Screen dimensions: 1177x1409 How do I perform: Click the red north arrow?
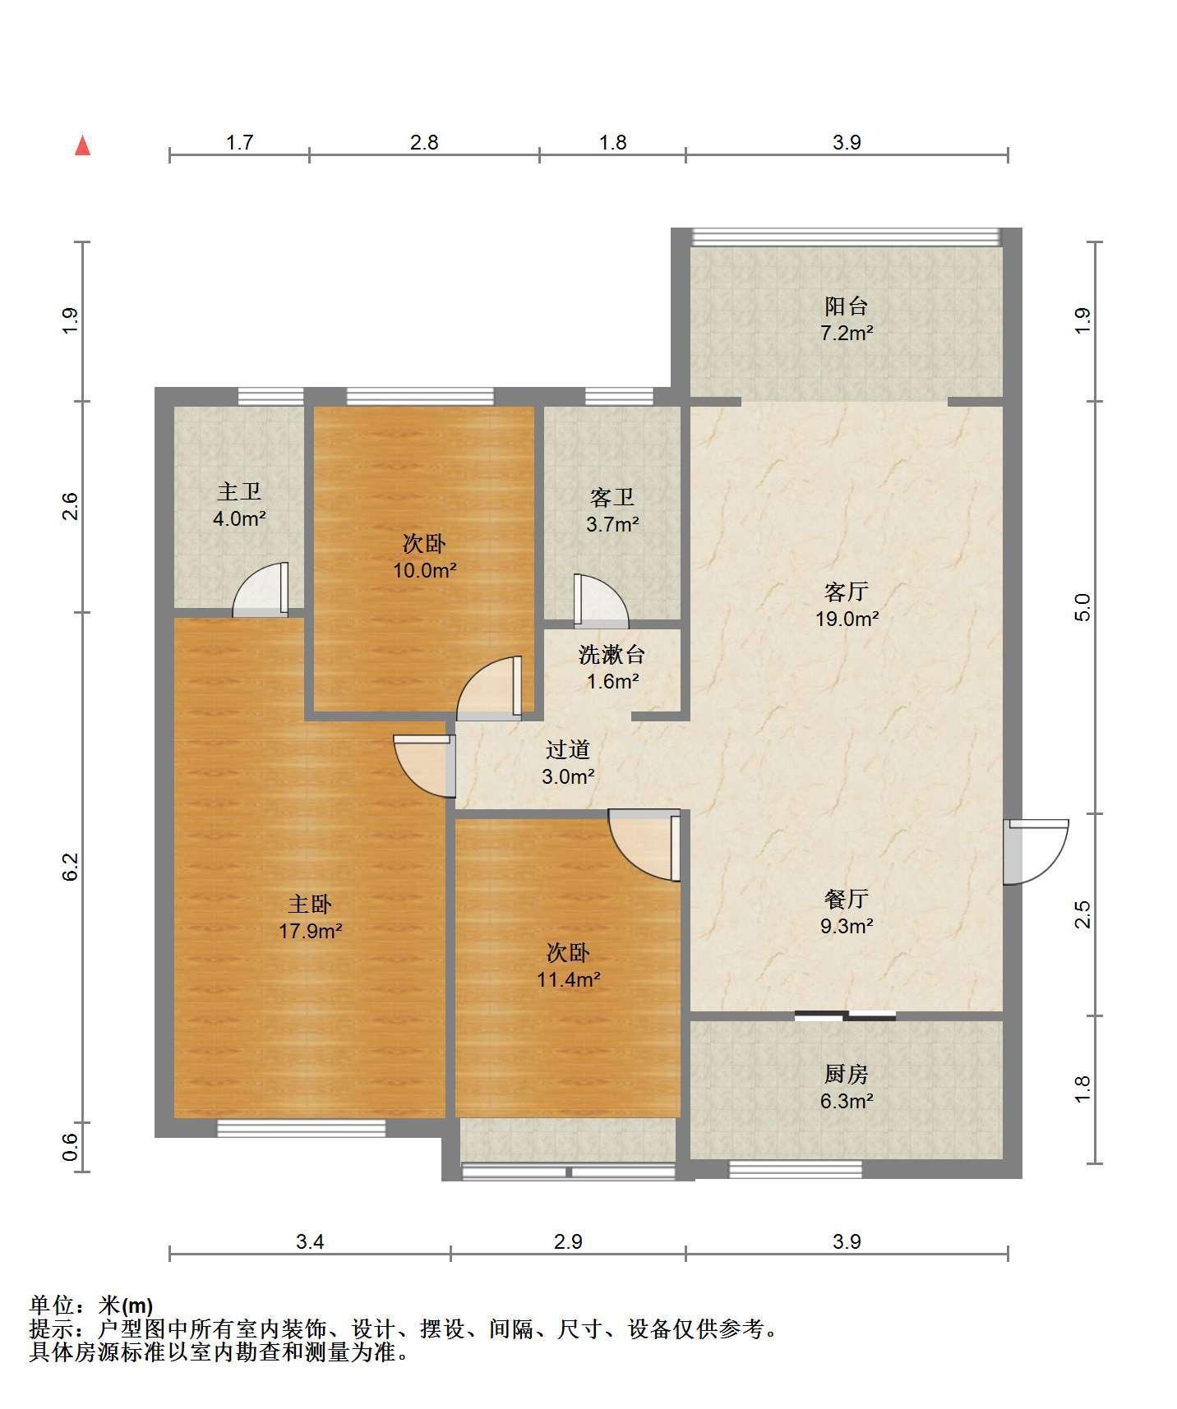pyautogui.click(x=82, y=145)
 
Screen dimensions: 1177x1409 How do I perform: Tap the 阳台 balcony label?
pyautogui.click(x=847, y=306)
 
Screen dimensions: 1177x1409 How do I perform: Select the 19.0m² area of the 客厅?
pyautogui.click(x=847, y=619)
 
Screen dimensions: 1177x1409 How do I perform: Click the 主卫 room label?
pyautogui.click(x=239, y=492)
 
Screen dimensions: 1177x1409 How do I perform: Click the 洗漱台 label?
pyautogui.click(x=612, y=655)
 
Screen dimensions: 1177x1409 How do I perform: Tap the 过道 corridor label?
pyautogui.click(x=568, y=749)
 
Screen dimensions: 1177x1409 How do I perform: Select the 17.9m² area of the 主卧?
pyautogui.click(x=310, y=931)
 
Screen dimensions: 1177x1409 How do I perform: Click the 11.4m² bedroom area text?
pyautogui.click(x=568, y=979)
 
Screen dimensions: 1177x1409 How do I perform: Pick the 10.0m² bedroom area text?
pyautogui.click(x=424, y=569)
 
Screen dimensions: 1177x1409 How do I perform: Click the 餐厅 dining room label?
pyautogui.click(x=847, y=899)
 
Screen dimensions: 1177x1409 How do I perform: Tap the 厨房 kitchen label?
pyautogui.click(x=847, y=1074)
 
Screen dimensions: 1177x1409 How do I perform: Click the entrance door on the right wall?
pyautogui.click(x=1035, y=851)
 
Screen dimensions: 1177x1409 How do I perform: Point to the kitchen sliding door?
pyautogui.click(x=845, y=1015)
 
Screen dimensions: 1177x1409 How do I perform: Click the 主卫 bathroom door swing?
pyautogui.click(x=261, y=589)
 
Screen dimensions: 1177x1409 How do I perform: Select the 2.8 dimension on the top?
pyautogui.click(x=424, y=142)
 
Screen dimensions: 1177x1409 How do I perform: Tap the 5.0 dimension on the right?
pyautogui.click(x=1082, y=607)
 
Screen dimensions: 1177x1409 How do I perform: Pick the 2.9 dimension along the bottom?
pyautogui.click(x=568, y=1241)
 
